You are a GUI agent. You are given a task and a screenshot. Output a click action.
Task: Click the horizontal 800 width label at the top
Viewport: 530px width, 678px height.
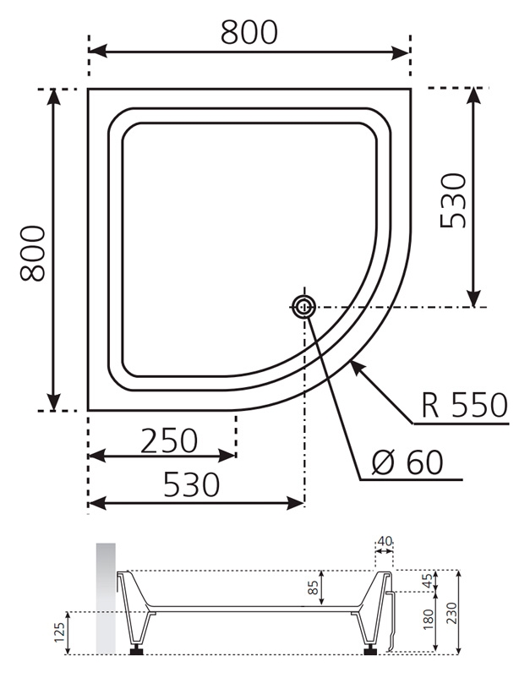(249, 32)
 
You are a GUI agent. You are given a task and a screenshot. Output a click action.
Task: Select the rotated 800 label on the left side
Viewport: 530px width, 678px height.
(33, 254)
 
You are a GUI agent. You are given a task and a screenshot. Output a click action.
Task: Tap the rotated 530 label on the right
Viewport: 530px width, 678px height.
(453, 200)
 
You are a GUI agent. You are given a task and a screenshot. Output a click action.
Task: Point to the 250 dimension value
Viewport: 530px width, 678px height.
(169, 440)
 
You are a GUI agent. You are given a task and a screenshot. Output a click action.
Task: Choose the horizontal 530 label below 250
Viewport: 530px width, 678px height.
(192, 484)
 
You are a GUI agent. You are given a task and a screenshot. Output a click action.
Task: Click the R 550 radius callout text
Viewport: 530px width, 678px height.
(464, 405)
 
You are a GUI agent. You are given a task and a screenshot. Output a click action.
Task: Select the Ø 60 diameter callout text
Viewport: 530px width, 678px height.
(407, 462)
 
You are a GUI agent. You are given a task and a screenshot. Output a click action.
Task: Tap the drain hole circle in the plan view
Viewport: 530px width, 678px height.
(304, 307)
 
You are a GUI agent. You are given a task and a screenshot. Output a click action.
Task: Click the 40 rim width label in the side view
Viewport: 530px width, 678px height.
(385, 541)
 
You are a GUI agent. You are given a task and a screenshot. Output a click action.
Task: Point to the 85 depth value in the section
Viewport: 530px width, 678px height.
(314, 588)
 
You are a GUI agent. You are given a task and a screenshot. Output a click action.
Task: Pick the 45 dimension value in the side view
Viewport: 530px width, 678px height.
(427, 580)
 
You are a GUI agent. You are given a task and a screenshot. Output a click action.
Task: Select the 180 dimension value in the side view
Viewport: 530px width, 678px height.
(428, 619)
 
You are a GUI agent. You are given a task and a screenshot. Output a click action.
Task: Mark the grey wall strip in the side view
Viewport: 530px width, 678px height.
(106, 599)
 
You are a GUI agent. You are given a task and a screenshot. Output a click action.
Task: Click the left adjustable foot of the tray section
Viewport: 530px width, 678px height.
(138, 649)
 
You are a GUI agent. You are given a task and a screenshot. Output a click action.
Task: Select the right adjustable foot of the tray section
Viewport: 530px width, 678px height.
(370, 649)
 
